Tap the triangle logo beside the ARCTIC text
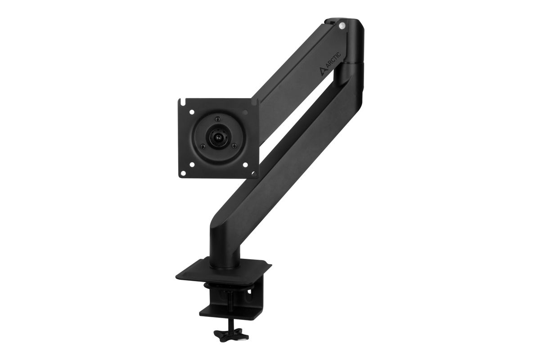coord(323,71)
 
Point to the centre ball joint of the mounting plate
coord(218,138)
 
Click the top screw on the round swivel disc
coord(218,119)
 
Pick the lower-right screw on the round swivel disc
coord(234,145)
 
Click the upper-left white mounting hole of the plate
coord(192,112)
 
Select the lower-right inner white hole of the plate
coord(245,165)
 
